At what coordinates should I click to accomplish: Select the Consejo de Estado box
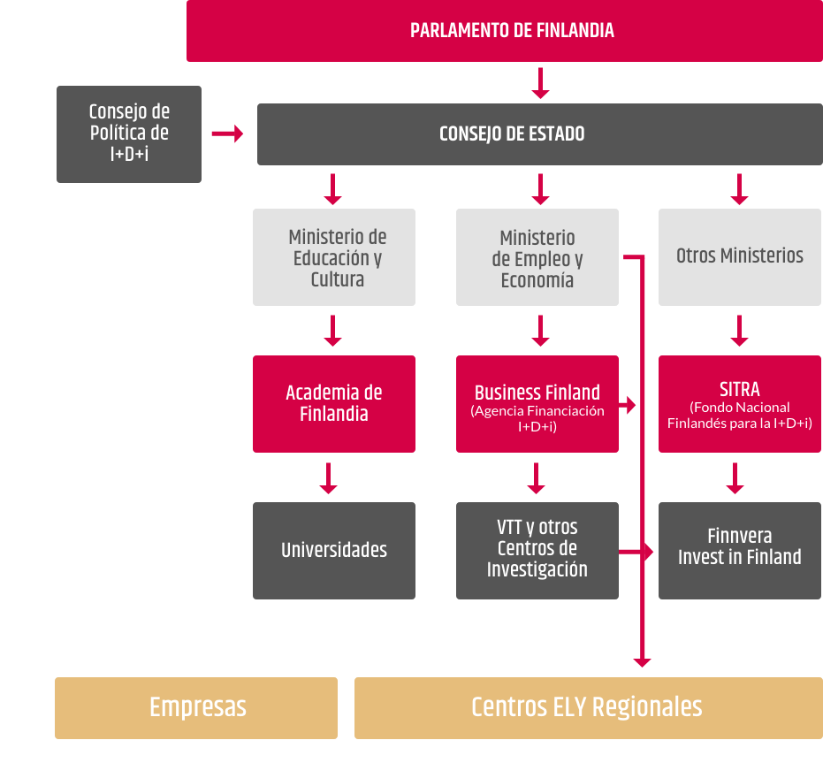(539, 134)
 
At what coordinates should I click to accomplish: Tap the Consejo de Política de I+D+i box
(129, 134)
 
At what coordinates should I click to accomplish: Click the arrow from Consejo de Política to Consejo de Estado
(228, 134)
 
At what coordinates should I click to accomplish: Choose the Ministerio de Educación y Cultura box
(334, 257)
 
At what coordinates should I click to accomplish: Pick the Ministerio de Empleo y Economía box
(537, 257)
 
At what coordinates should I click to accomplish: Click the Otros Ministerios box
(740, 257)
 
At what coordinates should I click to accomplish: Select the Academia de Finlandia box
(334, 404)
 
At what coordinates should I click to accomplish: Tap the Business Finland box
(537, 404)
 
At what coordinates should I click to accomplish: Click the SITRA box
(740, 404)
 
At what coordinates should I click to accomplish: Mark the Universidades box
(334, 551)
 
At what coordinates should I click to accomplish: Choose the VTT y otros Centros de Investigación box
(537, 551)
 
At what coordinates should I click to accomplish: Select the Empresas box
(196, 707)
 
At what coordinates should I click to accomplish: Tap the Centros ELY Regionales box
(587, 707)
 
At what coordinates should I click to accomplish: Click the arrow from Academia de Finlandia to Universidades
(329, 477)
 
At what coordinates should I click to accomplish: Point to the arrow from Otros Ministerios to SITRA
(740, 331)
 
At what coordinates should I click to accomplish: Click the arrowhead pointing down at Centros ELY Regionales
(642, 660)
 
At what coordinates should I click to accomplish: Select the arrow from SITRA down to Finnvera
(735, 477)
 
